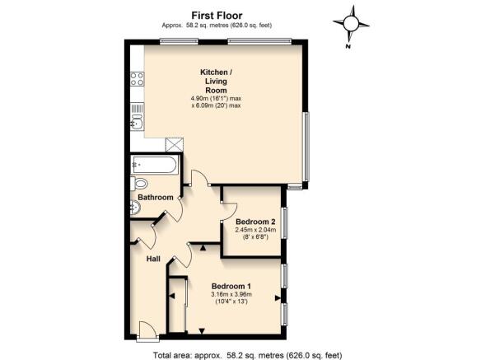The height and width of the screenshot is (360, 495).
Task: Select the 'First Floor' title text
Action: [x=217, y=14]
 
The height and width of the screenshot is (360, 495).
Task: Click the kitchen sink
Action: [x=137, y=122]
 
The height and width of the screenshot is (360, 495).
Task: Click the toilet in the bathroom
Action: [x=139, y=183]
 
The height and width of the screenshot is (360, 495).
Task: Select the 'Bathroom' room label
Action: [x=155, y=198]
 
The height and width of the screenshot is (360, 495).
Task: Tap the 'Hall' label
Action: [x=153, y=259]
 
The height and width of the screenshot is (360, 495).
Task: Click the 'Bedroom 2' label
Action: [x=255, y=222]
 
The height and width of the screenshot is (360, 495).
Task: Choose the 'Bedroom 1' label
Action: [x=231, y=286]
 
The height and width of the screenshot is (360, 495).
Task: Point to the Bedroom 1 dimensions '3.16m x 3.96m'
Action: [x=231, y=295]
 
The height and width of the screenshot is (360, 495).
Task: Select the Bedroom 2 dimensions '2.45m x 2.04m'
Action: [x=255, y=231]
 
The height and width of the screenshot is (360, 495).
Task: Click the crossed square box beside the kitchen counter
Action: [x=174, y=143]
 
